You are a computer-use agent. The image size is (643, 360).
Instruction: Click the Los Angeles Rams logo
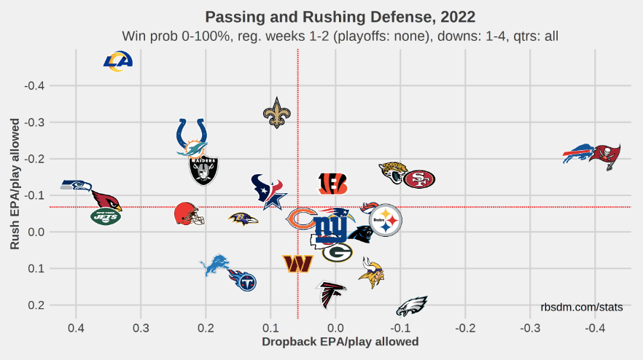(117, 62)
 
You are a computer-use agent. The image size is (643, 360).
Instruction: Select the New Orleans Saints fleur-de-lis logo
(276, 113)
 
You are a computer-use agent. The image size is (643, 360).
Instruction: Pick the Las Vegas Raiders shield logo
(203, 171)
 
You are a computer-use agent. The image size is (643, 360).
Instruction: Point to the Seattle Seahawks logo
(76, 185)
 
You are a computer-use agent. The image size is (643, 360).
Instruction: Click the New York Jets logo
(106, 216)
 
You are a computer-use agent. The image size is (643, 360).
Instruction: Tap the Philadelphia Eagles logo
(412, 306)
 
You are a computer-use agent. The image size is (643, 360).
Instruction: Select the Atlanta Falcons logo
(332, 294)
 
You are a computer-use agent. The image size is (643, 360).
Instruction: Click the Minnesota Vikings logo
(372, 273)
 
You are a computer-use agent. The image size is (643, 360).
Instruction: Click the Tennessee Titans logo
(243, 279)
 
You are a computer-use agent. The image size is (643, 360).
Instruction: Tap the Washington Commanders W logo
(298, 263)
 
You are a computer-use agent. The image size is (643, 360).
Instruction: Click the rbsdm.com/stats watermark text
(582, 308)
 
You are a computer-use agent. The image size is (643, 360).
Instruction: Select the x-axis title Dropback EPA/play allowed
(340, 341)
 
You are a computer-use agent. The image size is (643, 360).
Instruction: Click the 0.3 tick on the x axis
(141, 328)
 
